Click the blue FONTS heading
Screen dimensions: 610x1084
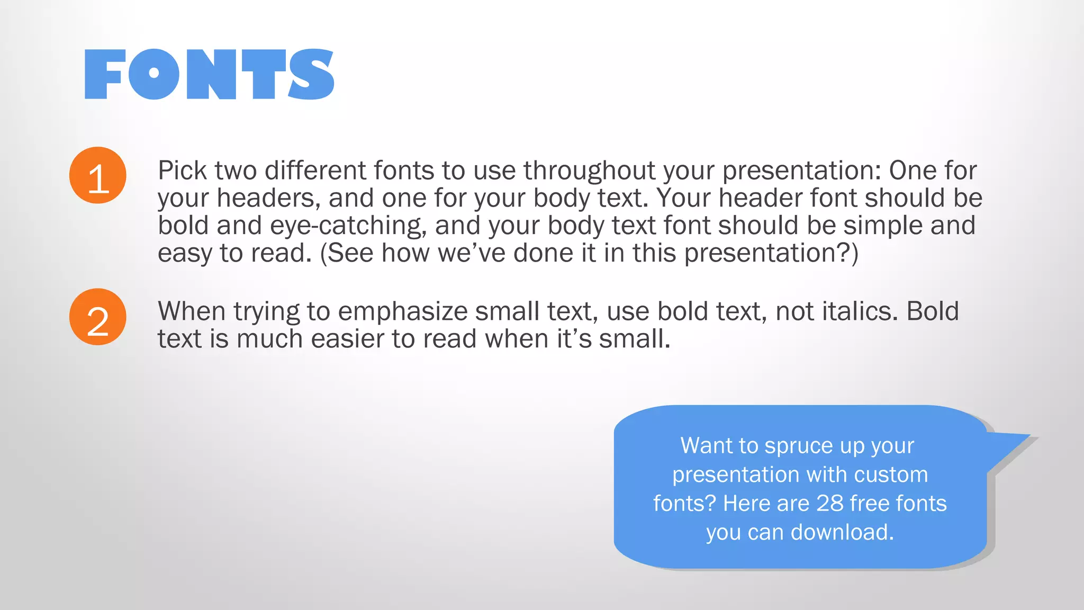(x=209, y=74)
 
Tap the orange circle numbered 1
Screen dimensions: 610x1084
(x=98, y=175)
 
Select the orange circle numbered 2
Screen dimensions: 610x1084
(x=98, y=317)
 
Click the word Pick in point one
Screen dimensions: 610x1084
(x=182, y=171)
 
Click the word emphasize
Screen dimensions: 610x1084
(x=402, y=311)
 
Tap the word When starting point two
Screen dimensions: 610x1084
(x=192, y=311)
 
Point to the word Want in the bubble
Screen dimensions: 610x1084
(x=702, y=445)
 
